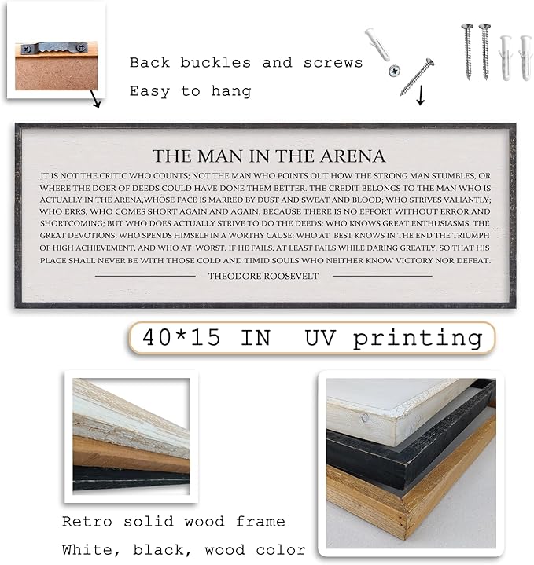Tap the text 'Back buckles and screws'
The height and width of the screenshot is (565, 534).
[246, 62]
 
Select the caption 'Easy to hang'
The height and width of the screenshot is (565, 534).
[190, 91]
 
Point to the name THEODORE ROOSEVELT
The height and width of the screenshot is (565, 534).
[263, 276]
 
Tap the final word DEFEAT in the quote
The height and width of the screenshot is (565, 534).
[471, 260]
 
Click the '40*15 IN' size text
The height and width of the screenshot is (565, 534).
[206, 338]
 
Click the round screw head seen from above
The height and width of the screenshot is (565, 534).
[392, 71]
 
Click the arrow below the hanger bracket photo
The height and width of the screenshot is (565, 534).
[94, 101]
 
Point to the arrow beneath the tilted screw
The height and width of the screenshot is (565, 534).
[420, 96]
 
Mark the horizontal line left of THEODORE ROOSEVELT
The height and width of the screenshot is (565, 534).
[145, 276]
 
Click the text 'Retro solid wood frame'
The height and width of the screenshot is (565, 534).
[173, 522]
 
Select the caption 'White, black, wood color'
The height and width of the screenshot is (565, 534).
[182, 550]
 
